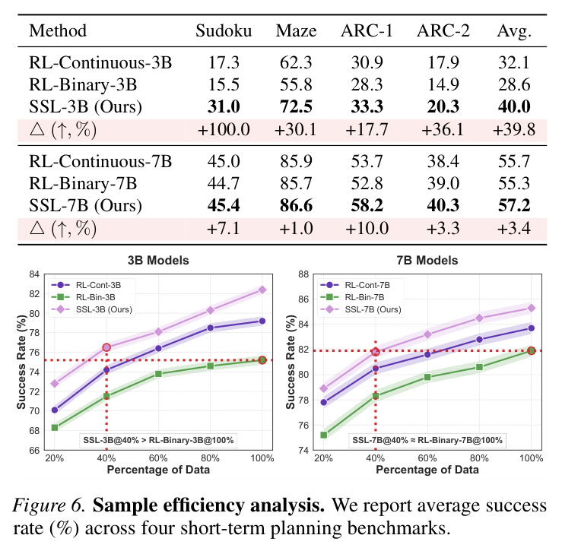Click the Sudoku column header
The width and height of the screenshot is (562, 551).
pyautogui.click(x=224, y=31)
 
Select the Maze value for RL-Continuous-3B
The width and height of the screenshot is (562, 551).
pyautogui.click(x=296, y=62)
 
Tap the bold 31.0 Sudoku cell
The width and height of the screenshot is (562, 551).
pyautogui.click(x=224, y=106)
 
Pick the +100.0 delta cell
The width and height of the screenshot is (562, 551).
pyautogui.click(x=224, y=129)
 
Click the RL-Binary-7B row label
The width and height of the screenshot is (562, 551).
pyautogui.click(x=83, y=183)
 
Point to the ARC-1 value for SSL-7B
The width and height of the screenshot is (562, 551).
pyautogui.click(x=367, y=206)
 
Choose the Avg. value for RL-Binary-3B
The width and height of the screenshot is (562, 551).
pyautogui.click(x=514, y=85)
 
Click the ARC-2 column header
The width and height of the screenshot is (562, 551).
pyautogui.click(x=443, y=31)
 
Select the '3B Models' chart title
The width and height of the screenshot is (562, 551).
pyautogui.click(x=158, y=260)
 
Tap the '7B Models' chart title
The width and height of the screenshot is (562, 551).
pyautogui.click(x=427, y=260)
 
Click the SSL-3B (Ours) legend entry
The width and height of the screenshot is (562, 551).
pyautogui.click(x=92, y=309)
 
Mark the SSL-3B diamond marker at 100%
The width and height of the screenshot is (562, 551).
pyautogui.click(x=262, y=290)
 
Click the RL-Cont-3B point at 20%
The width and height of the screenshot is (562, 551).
pyautogui.click(x=55, y=410)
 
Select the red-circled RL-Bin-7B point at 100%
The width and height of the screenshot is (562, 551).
pyautogui.click(x=531, y=350)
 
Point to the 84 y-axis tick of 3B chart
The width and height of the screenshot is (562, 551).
pyautogui.click(x=34, y=274)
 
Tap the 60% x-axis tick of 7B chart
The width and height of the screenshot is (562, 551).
pyautogui.click(x=427, y=458)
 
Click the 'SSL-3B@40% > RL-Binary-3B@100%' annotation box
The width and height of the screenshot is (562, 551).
pyautogui.click(x=158, y=440)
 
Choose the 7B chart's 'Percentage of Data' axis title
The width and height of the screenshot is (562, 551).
pyautogui.click(x=427, y=470)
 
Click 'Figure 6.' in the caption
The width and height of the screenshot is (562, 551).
pyautogui.click(x=49, y=506)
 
